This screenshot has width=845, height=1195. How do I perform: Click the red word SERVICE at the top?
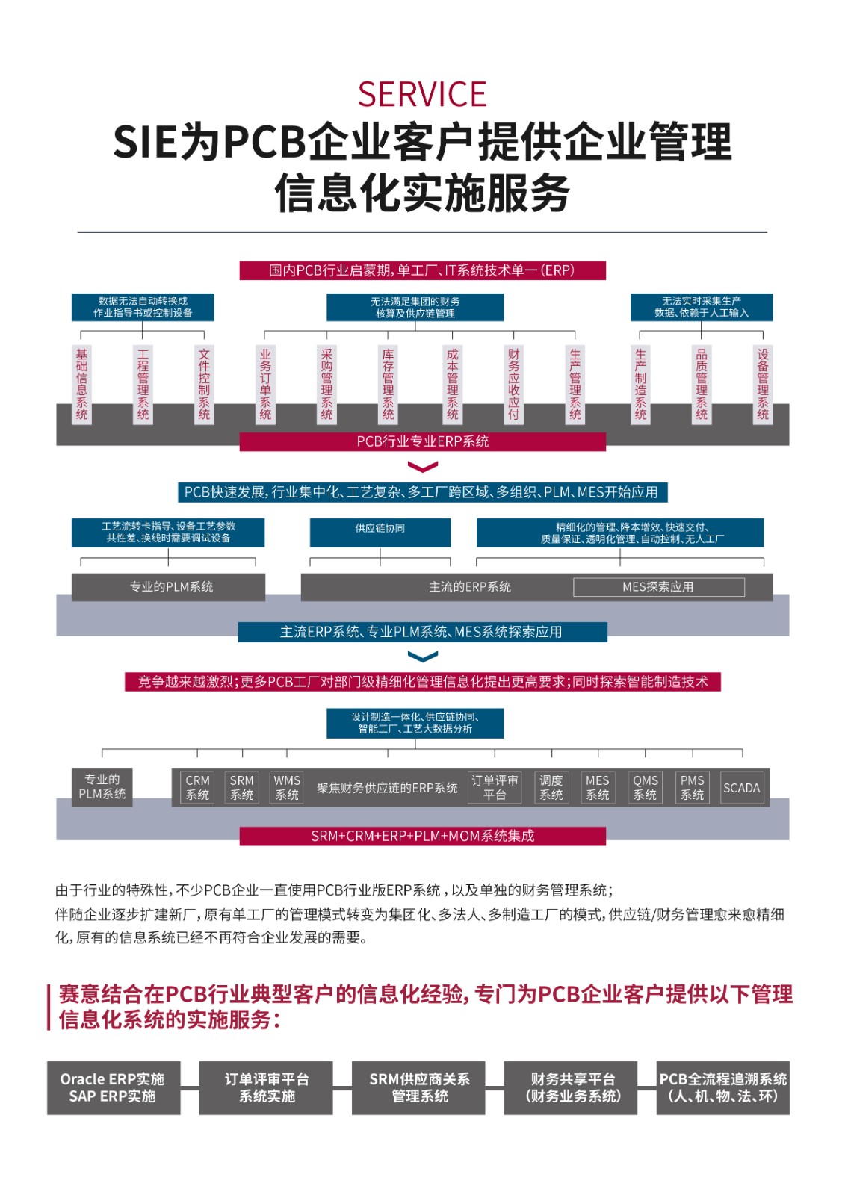click(x=422, y=95)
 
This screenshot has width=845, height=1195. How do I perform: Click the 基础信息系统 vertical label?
click(x=81, y=384)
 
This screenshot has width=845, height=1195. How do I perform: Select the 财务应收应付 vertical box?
click(x=513, y=384)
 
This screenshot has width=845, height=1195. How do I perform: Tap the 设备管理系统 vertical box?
click(x=762, y=384)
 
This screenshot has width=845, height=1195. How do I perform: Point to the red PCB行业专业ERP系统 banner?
click(x=422, y=441)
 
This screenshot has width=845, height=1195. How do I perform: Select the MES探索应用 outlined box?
click(x=658, y=587)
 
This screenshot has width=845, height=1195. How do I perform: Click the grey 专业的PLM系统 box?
click(x=168, y=587)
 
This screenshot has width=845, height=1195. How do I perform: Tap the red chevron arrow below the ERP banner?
click(x=423, y=468)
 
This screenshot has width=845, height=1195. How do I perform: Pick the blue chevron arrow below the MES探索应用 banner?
click(x=423, y=657)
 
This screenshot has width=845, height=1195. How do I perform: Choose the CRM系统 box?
click(x=197, y=787)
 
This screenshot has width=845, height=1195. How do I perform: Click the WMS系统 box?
click(x=287, y=787)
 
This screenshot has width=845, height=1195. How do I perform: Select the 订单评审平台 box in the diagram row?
click(x=495, y=787)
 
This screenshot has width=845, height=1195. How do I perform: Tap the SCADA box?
click(x=741, y=788)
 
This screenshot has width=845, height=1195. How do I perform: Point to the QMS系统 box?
click(x=646, y=787)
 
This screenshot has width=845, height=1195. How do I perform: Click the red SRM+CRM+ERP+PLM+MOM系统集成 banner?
click(x=422, y=836)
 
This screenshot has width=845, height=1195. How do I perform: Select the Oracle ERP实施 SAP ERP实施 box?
click(x=113, y=1087)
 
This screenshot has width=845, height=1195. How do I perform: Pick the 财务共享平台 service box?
click(x=572, y=1087)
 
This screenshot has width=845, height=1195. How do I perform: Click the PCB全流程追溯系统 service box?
click(x=722, y=1087)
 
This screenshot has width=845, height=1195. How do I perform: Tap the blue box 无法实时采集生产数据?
click(x=701, y=307)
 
